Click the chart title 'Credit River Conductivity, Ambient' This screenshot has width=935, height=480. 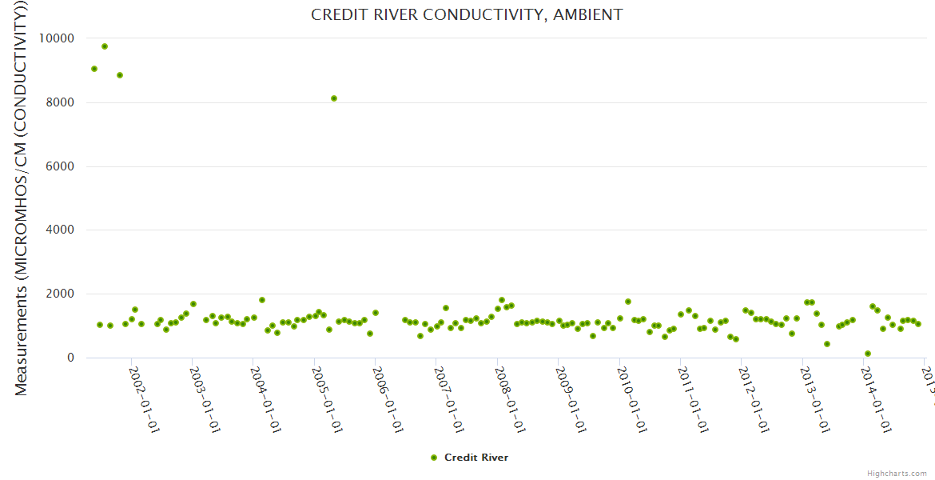tap(467, 15)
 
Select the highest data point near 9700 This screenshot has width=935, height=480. tap(105, 46)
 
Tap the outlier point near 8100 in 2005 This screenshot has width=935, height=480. tap(334, 98)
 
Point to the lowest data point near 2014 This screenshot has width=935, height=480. tap(868, 354)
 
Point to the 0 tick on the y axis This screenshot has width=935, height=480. tap(70, 358)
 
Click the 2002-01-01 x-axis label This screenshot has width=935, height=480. tap(145, 389)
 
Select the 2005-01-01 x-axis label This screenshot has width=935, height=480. tap(328, 389)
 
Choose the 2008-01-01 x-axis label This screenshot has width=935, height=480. tap(510, 389)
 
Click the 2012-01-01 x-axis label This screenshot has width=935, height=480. tap(754, 389)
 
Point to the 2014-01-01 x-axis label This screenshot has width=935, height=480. tap(877, 389)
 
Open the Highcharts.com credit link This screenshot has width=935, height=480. tap(897, 473)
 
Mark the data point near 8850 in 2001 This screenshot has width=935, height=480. tap(120, 75)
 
